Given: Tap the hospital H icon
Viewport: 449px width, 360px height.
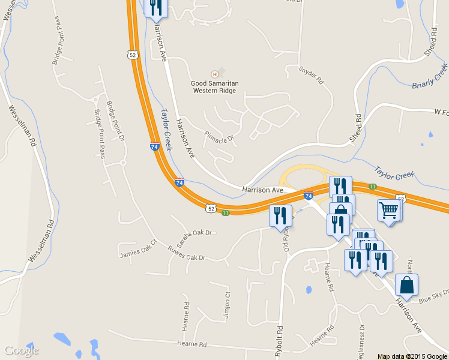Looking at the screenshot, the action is pyautogui.click(x=214, y=74).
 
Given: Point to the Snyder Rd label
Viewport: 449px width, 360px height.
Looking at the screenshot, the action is pyautogui.click(x=311, y=74).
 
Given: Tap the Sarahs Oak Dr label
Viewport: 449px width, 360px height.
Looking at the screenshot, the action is pyautogui.click(x=194, y=232).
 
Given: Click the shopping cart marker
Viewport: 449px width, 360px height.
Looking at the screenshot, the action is pyautogui.click(x=389, y=211).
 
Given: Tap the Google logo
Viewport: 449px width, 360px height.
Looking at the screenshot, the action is pyautogui.click(x=22, y=350).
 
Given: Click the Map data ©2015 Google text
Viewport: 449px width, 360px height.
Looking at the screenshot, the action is pyautogui.click(x=412, y=356).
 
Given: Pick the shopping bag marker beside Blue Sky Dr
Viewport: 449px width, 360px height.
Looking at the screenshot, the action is pyautogui.click(x=406, y=285).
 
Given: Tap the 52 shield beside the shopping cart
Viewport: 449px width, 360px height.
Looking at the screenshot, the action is pyautogui.click(x=400, y=198).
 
